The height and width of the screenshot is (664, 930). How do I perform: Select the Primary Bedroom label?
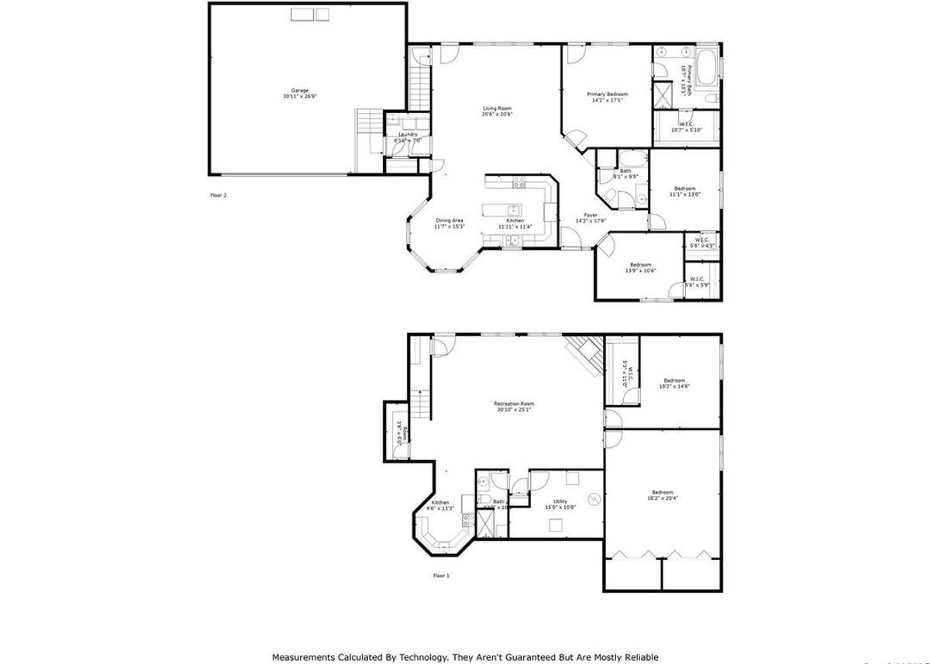[x=607, y=94]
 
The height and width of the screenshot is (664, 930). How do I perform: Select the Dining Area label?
[x=449, y=220]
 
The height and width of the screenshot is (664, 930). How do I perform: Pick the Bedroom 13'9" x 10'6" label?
[x=640, y=264]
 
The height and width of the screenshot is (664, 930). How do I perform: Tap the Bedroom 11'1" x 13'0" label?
[x=684, y=188]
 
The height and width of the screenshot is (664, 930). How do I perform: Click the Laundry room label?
[x=408, y=134]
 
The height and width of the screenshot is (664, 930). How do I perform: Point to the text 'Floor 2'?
[x=219, y=195]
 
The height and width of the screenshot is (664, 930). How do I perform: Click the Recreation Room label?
[x=514, y=404]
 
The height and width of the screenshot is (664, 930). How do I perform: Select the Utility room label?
[x=560, y=501]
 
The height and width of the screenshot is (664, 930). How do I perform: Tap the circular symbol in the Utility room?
[x=594, y=499]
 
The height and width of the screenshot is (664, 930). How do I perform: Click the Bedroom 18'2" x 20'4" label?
[x=662, y=493]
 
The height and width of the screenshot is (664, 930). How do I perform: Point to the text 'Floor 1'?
[x=441, y=576]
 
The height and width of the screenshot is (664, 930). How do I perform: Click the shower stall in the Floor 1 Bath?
[x=485, y=525]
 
